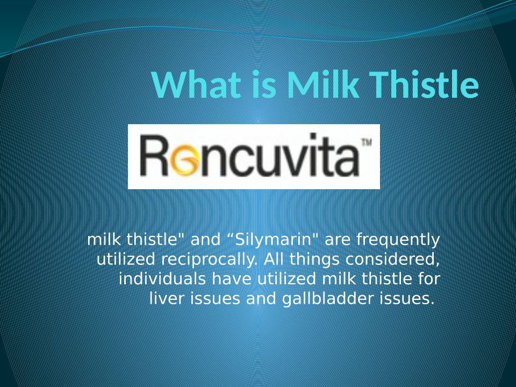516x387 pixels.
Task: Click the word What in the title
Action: (196, 84)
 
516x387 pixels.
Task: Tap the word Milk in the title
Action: (322, 84)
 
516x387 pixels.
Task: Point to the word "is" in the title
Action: (264, 85)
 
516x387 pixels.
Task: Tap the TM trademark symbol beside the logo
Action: (367, 142)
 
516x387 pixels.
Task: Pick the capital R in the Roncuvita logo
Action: (155, 155)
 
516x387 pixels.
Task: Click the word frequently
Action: (398, 240)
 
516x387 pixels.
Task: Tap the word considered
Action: (392, 259)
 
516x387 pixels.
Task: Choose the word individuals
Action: (162, 279)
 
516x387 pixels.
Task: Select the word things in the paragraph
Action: (314, 260)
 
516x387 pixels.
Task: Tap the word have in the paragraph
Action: (232, 279)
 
